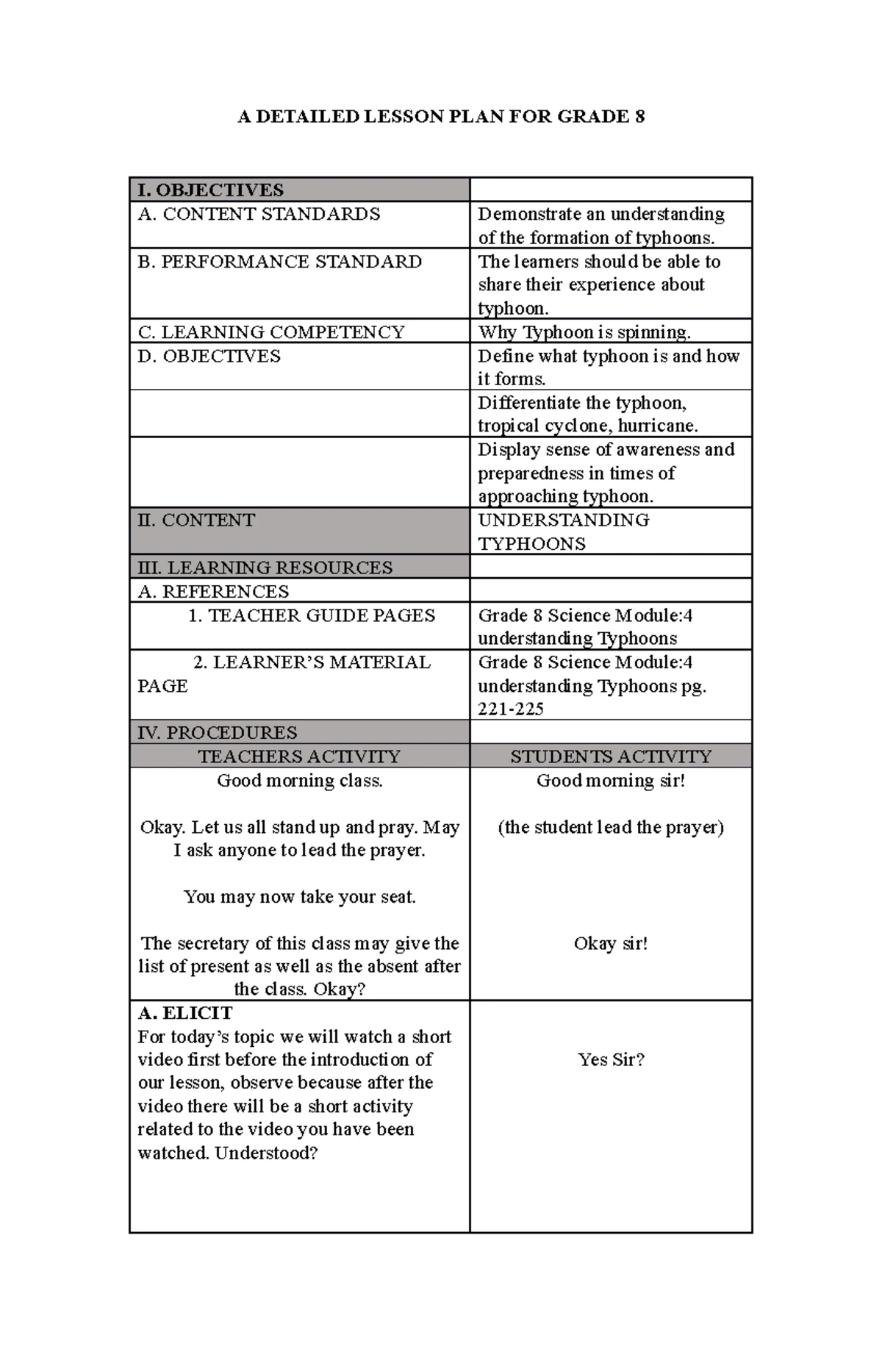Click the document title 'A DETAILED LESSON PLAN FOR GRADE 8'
pyautogui.click(x=441, y=117)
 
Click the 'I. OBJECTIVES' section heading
pyautogui.click(x=210, y=190)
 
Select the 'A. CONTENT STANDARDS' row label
pyautogui.click(x=259, y=215)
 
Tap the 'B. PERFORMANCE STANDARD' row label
pyautogui.click(x=279, y=262)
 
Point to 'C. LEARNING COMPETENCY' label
pyautogui.click(x=270, y=332)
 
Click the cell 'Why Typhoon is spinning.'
pyautogui.click(x=584, y=332)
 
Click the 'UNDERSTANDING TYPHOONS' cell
pyautogui.click(x=563, y=532)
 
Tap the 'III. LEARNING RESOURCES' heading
pyautogui.click(x=265, y=568)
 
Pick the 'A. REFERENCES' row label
pyautogui.click(x=213, y=592)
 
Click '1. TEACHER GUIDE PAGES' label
pyautogui.click(x=312, y=616)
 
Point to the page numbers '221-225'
pyautogui.click(x=511, y=709)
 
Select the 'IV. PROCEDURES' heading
pyautogui.click(x=217, y=733)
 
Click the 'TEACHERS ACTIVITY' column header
pyautogui.click(x=299, y=756)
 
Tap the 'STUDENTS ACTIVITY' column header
pyautogui.click(x=611, y=756)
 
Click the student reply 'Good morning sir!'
pyautogui.click(x=611, y=781)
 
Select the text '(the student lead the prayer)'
pyautogui.click(x=611, y=827)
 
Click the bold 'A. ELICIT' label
pyautogui.click(x=184, y=1013)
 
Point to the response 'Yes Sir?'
pyautogui.click(x=611, y=1059)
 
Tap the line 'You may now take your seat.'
pyautogui.click(x=300, y=897)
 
